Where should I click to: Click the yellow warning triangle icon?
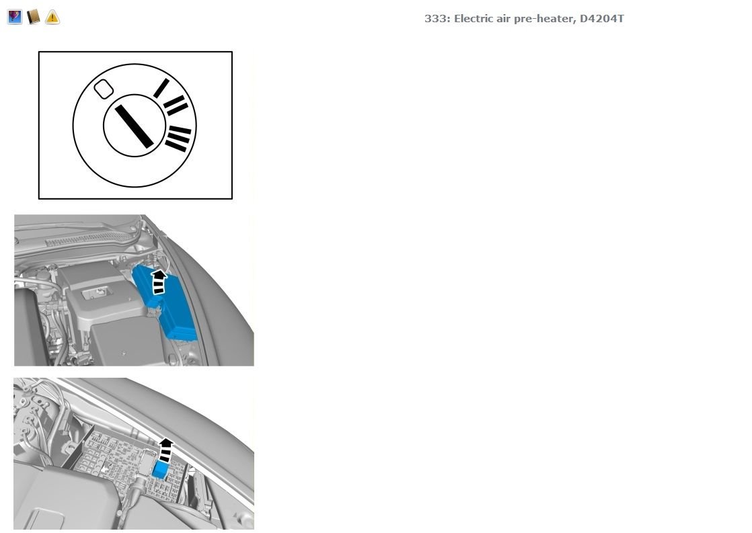(52, 17)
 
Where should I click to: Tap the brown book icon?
(33, 17)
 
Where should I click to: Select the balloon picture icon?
(14, 17)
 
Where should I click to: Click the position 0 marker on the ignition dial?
(103, 89)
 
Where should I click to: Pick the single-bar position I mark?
(161, 88)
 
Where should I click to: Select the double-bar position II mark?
(176, 105)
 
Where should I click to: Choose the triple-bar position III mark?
(178, 138)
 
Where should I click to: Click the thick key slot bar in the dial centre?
(134, 126)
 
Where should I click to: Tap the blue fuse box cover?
(165, 300)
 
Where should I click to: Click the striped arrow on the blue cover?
(159, 282)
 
